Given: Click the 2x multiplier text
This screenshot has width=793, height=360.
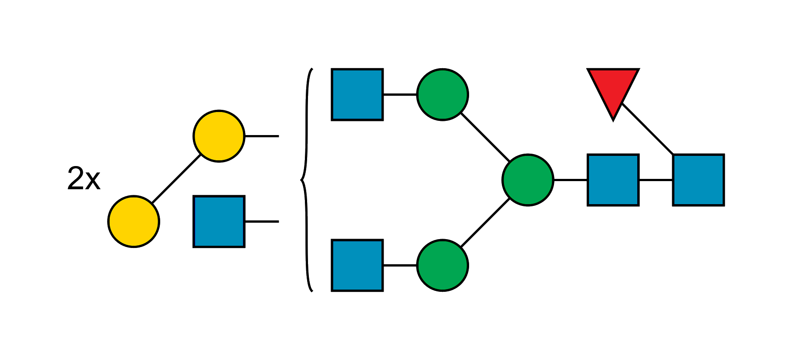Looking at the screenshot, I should [x=84, y=178].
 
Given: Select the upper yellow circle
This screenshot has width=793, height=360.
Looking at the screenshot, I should [x=219, y=136].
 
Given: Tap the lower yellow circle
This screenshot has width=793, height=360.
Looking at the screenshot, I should [x=134, y=221].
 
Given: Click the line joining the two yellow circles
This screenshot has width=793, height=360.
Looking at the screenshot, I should [x=176, y=179].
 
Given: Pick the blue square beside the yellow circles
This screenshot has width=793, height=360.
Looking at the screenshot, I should [x=219, y=221].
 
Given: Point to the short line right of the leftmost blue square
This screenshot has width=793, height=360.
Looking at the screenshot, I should [x=262, y=221].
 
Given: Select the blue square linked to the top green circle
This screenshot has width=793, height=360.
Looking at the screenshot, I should [x=357, y=94].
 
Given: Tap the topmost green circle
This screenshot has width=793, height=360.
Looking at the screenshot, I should [x=443, y=94].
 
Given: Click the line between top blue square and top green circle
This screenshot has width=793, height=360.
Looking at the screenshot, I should [x=400, y=95].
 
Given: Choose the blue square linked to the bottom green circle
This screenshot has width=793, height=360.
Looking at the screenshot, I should [x=357, y=265].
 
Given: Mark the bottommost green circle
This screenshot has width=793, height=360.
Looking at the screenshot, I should [x=443, y=265].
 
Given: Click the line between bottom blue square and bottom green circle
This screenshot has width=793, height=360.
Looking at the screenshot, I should [x=400, y=264].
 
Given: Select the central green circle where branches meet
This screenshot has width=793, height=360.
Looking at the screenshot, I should [x=528, y=180].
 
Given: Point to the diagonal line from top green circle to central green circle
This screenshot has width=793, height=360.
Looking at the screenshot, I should [x=485, y=137].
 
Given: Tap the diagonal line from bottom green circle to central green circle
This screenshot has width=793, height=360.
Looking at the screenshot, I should [x=485, y=223].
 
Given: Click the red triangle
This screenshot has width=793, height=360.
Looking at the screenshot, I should [x=613, y=89].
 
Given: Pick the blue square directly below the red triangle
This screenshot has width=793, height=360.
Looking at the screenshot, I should [x=613, y=180].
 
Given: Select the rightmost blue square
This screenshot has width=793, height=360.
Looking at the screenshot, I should [x=698, y=180].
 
